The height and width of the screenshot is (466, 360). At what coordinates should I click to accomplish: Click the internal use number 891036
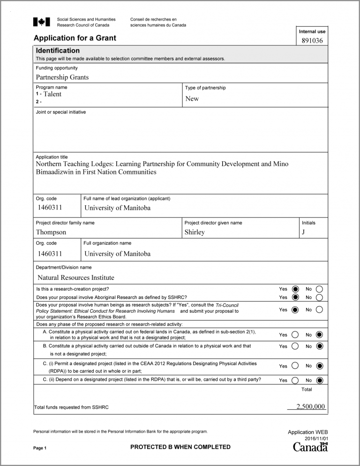(x=312, y=41)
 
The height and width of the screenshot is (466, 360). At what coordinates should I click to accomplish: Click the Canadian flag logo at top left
(x=41, y=22)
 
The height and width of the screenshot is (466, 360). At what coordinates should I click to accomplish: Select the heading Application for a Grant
(x=75, y=38)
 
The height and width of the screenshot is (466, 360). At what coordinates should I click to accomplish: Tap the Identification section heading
(x=58, y=51)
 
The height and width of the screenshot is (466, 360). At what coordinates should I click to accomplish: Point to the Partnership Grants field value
(x=62, y=77)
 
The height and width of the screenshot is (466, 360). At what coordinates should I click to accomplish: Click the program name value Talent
(x=52, y=94)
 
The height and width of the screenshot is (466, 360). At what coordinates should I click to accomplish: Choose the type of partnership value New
(x=192, y=98)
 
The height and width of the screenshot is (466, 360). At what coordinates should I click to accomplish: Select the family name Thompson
(x=51, y=232)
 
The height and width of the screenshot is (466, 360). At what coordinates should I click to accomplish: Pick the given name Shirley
(x=195, y=232)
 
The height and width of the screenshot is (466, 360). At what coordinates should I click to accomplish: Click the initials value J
(x=304, y=232)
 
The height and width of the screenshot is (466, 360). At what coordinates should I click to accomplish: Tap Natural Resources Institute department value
(x=76, y=278)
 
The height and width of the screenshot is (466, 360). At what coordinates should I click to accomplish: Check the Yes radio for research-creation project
(x=295, y=289)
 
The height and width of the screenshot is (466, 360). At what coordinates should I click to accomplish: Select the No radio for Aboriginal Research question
(x=319, y=297)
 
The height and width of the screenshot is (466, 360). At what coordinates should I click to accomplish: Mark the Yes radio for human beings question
(x=295, y=310)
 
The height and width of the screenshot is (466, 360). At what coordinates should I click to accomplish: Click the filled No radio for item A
(x=319, y=335)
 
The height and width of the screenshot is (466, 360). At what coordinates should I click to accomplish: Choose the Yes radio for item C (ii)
(x=295, y=380)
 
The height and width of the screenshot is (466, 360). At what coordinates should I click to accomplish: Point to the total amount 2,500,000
(x=311, y=406)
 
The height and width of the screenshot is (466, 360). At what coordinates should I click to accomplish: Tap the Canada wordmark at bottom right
(x=310, y=447)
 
